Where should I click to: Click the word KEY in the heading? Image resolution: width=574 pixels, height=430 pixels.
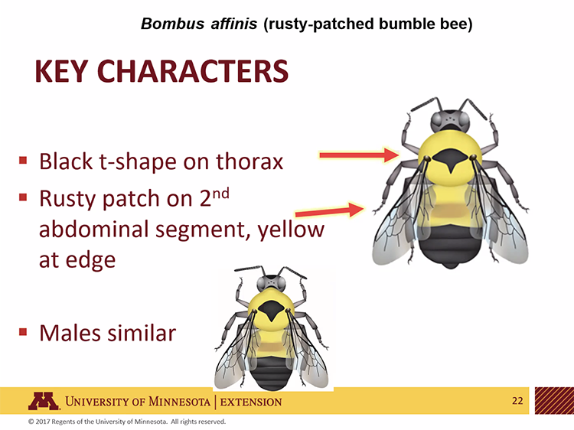point(64,71)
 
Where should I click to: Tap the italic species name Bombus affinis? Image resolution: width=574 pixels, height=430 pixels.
point(198,24)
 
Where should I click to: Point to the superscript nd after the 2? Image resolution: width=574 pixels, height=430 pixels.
point(221,191)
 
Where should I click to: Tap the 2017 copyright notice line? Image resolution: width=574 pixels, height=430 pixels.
point(126,422)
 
